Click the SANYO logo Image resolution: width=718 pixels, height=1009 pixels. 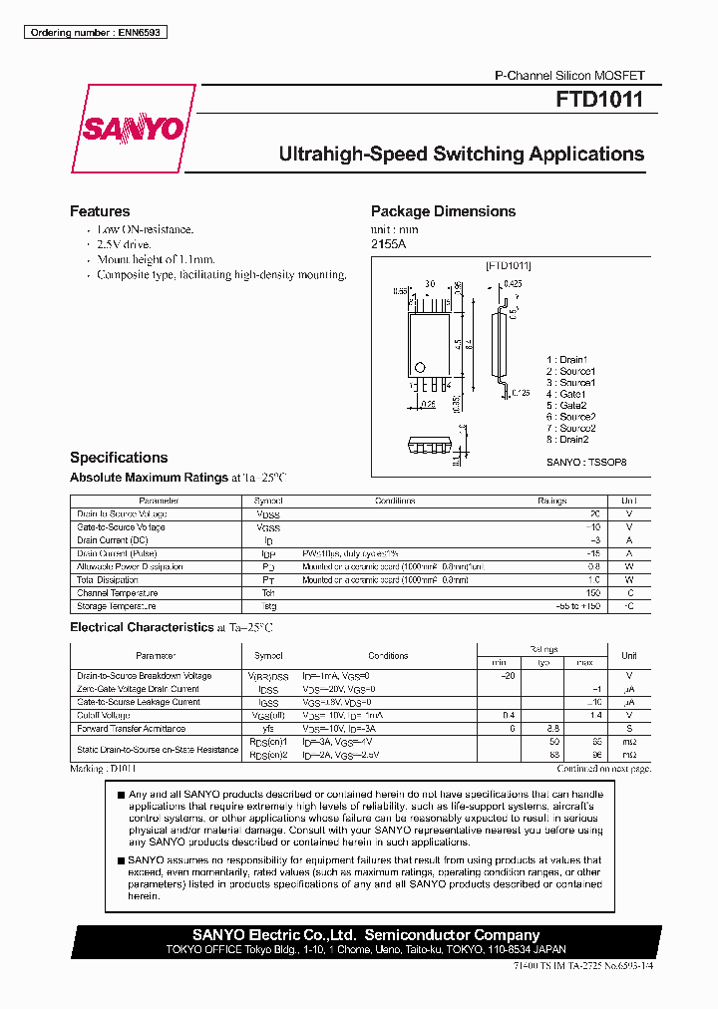pyautogui.click(x=133, y=130)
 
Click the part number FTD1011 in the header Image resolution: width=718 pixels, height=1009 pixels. pyautogui.click(x=599, y=101)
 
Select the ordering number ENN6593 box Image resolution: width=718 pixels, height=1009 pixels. pyautogui.click(x=94, y=33)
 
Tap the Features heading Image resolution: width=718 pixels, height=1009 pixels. pyautogui.click(x=100, y=211)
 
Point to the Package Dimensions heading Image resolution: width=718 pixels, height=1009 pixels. pyautogui.click(x=443, y=211)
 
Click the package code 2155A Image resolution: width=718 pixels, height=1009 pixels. pyautogui.click(x=389, y=243)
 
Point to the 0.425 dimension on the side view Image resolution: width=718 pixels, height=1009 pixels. pyautogui.click(x=514, y=284)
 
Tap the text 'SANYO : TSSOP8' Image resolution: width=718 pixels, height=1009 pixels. pyautogui.click(x=586, y=463)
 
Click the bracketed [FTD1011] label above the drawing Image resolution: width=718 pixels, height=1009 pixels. pyautogui.click(x=509, y=266)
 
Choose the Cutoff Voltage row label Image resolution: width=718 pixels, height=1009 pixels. pyautogui.click(x=104, y=716)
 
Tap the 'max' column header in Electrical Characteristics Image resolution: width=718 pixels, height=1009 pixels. pyautogui.click(x=584, y=663)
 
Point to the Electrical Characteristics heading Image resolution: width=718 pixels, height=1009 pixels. pyautogui.click(x=142, y=628)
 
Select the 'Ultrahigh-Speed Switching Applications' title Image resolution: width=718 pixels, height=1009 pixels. pyautogui.click(x=461, y=155)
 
